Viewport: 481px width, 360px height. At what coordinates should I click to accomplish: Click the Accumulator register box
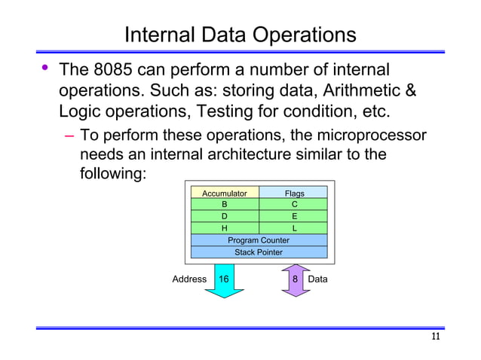point(225,193)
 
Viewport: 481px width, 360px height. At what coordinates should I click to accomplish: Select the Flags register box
point(293,193)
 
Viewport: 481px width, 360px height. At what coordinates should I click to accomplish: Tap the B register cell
point(225,204)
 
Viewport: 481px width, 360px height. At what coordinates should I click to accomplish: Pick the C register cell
point(293,204)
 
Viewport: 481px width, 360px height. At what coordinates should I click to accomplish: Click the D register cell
point(225,216)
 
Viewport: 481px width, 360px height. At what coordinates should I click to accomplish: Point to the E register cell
point(293,216)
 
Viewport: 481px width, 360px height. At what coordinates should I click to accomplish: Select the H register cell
point(225,228)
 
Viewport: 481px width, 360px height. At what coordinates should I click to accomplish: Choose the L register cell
point(293,228)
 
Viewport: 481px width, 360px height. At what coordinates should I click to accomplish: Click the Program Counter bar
point(259,240)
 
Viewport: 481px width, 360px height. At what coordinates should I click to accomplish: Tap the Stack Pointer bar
point(259,252)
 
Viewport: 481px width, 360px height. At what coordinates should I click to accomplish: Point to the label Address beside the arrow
point(189,279)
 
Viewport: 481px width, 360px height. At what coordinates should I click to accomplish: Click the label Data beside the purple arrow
point(318,279)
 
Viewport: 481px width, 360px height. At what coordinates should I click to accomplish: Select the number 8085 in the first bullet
point(117,72)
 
